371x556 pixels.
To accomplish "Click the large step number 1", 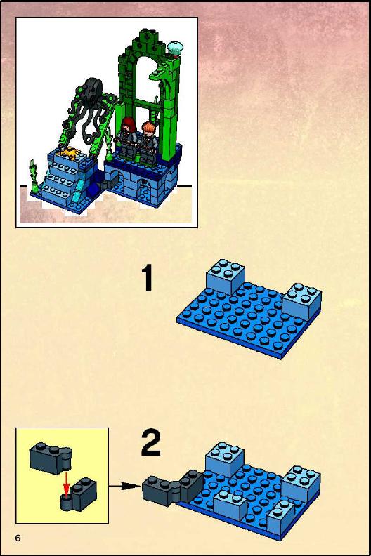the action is coord(148,279).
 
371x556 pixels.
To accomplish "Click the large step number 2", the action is coord(150,442).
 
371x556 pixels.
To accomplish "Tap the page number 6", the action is coord(18,538).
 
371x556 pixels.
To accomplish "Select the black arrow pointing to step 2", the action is coord(125,486).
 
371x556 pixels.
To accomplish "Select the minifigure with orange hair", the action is coord(148,144).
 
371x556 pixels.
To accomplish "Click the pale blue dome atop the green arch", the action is coord(176,48).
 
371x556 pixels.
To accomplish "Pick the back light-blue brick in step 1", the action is coord(226,277).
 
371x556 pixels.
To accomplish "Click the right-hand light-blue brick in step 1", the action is coord(302,300).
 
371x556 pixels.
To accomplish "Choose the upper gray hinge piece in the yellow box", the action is coord(51,458).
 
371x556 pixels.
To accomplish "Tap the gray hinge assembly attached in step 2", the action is coord(173,488).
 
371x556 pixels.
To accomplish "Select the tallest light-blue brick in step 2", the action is coord(224,460).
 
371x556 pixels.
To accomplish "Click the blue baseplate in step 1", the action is coord(249,319).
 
